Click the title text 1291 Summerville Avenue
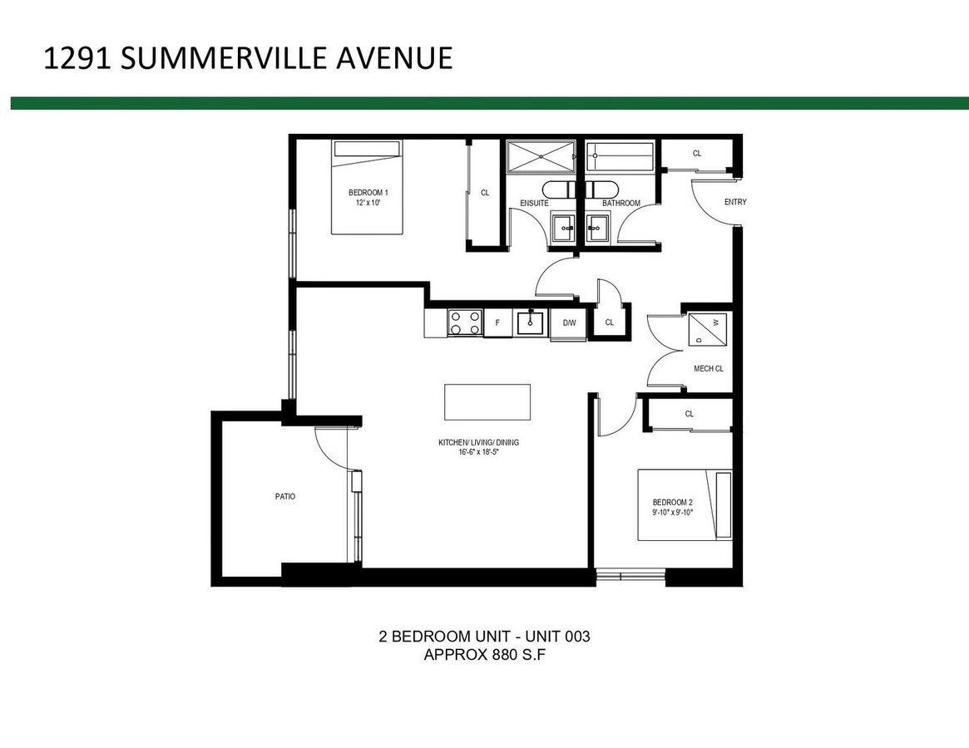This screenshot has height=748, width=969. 247,58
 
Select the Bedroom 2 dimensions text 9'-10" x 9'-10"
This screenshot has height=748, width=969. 672,513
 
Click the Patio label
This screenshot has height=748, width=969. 285,496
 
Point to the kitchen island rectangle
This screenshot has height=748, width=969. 487,402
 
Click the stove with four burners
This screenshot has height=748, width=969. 465,322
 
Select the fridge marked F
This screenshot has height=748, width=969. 497,322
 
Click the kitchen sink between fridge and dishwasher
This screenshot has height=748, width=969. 531,322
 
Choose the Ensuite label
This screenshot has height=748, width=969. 533,203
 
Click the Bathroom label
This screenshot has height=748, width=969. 620,203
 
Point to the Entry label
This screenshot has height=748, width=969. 735,202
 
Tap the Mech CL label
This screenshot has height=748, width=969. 708,369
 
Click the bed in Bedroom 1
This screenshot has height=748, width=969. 368,187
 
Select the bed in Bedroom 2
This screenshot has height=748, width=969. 685,505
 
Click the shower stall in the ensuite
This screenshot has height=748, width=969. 541,156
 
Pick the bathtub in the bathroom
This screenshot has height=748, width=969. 620,156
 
